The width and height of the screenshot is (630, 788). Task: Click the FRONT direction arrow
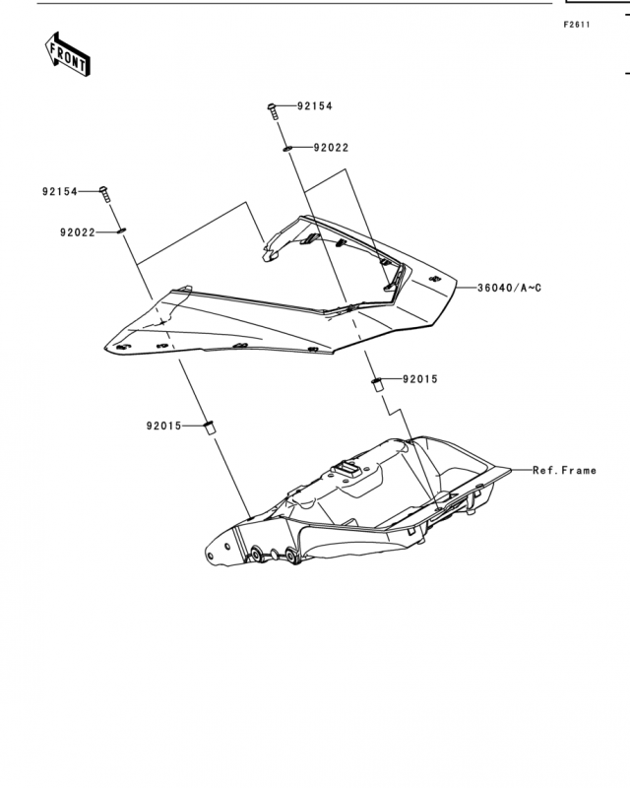pos(67,55)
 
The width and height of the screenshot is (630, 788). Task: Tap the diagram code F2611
pos(577,25)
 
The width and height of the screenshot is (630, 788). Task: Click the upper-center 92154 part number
pos(315,106)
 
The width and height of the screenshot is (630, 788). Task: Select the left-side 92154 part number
pos(60,191)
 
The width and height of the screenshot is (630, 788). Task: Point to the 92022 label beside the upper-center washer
pos(331,148)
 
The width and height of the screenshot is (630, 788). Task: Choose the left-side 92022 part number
pos(78,232)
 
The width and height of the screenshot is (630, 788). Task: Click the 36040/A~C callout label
pos(510,288)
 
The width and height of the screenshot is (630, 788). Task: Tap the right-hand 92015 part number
pos(420,379)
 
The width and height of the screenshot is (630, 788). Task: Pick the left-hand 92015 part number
pos(163,427)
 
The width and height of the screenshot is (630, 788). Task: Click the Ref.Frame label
pos(565,471)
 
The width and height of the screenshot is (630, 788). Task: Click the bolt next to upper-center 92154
pos(273,111)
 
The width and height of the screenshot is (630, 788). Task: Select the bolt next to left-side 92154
pos(105,194)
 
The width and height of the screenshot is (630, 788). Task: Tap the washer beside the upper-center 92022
pos(287,149)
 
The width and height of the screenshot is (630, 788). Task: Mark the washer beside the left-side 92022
pos(121,230)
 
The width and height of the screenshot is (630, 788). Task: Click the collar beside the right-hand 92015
pos(377,384)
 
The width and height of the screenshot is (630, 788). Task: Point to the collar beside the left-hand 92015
pos(209,427)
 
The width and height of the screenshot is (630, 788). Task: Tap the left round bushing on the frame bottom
pos(255,555)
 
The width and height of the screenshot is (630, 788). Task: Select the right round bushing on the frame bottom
pos(291,556)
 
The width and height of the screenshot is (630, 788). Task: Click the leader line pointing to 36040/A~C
pos(467,288)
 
